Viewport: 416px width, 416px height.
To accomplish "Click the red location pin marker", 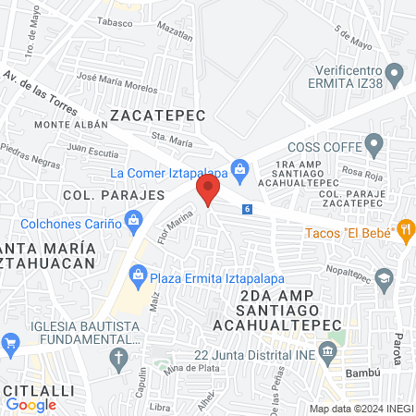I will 208,191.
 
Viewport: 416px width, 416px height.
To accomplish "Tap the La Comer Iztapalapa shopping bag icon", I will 240,169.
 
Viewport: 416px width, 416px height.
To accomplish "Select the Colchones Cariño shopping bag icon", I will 134,220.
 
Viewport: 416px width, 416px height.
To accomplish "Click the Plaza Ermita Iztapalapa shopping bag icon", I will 139,272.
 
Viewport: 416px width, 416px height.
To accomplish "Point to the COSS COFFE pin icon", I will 373,144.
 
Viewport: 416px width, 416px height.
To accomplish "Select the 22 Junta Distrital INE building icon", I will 327,350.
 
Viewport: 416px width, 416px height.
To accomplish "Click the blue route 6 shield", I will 247,210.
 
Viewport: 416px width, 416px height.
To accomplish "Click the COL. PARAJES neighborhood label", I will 100,195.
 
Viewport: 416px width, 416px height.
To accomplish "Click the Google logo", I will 31,404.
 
